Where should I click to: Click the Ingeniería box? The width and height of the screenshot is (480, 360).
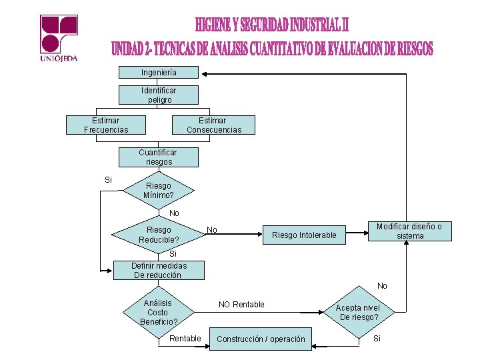(159, 72)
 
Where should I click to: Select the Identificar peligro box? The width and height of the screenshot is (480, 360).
(159, 95)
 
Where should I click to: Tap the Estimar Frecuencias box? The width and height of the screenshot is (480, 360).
(106, 125)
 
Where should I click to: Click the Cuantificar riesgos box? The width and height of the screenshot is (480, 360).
(158, 157)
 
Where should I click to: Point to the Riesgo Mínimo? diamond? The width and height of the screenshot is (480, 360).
(158, 191)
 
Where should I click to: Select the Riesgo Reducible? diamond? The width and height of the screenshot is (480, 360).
(158, 234)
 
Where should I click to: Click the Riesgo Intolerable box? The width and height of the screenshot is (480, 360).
(304, 235)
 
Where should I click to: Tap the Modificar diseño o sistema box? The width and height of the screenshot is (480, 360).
(409, 231)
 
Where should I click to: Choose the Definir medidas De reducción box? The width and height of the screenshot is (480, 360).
(158, 270)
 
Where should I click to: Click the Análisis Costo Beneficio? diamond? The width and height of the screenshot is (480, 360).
(158, 312)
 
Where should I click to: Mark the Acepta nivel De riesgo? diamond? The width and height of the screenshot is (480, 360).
(358, 312)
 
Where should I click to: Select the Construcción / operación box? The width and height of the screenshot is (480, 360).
(261, 339)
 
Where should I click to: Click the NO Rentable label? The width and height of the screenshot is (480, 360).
(241, 305)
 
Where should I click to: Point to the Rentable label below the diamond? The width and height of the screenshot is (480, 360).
(185, 339)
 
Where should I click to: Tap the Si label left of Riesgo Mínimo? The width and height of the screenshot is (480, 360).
(108, 180)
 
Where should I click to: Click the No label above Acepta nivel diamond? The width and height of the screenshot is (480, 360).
(382, 286)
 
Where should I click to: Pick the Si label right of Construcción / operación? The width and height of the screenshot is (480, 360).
(377, 339)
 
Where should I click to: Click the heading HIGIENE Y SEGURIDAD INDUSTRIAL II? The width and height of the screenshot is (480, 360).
(272, 25)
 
